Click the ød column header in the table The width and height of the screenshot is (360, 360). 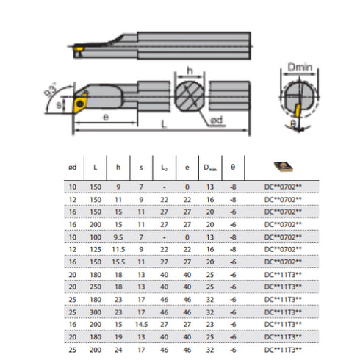click(72, 167)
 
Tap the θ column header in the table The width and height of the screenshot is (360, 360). click(233, 167)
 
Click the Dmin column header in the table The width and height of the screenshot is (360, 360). click(210, 168)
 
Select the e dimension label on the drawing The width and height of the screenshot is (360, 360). click(107, 117)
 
